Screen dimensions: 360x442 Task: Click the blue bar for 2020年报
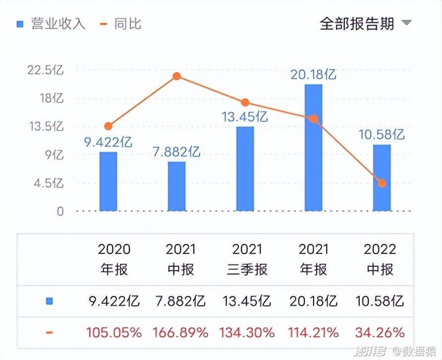click(108, 181)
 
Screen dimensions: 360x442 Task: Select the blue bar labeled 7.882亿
click(176, 186)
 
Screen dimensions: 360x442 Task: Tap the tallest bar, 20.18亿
click(313, 148)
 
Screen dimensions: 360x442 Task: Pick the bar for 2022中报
click(382, 178)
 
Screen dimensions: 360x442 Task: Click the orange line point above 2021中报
click(176, 76)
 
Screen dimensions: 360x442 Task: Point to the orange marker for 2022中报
click(382, 183)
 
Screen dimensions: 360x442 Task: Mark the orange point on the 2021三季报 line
click(245, 103)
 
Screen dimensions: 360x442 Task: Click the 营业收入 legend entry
click(51, 24)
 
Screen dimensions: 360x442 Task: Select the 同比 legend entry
click(122, 24)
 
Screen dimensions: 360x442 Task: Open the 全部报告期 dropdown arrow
click(406, 23)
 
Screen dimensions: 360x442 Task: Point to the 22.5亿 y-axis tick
click(46, 70)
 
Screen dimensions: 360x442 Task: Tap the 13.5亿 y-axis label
click(46, 126)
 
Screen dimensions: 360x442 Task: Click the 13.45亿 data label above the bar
click(245, 117)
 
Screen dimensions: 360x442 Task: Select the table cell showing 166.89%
click(180, 332)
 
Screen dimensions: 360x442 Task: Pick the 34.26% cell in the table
click(380, 332)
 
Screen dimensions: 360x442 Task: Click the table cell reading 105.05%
click(114, 332)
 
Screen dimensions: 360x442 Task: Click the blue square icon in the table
click(49, 301)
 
